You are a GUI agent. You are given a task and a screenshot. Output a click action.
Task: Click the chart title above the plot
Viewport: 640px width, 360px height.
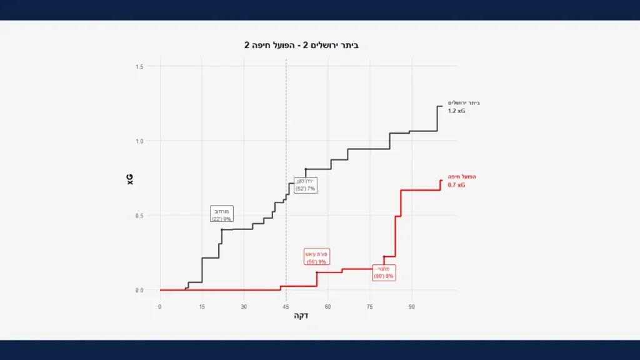[x=301, y=46]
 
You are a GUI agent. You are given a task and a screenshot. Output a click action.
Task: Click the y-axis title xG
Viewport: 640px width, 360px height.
[x=131, y=179]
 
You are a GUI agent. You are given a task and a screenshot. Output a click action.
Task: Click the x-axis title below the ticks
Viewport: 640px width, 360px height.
[x=301, y=316]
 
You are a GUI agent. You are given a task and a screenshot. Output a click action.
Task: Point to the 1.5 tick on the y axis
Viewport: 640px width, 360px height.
[x=139, y=67]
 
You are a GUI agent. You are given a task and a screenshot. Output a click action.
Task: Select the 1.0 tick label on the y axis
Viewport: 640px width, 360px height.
[x=139, y=141]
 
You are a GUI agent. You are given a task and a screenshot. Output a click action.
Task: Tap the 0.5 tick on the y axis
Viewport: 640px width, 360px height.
[x=139, y=216]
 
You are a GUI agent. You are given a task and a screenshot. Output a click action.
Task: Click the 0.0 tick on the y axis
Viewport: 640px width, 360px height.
[x=139, y=290]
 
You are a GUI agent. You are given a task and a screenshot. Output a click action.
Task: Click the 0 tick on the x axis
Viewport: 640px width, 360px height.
[x=160, y=306]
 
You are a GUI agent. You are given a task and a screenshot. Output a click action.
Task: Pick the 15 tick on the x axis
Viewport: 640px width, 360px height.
[x=202, y=306]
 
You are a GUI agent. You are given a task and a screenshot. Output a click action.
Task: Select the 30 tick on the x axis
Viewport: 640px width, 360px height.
[x=244, y=306]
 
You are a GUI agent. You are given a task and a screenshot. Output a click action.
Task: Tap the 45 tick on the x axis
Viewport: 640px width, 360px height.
[x=286, y=306]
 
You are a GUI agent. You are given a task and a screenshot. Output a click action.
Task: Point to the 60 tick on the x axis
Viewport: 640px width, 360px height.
[x=327, y=306]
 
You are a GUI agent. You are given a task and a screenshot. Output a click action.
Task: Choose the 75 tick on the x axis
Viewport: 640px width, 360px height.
[x=369, y=306]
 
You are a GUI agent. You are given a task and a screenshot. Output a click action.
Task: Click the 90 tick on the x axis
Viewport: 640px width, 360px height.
[x=411, y=306]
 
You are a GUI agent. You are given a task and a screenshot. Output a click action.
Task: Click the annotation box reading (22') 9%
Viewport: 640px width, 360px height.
[x=222, y=214]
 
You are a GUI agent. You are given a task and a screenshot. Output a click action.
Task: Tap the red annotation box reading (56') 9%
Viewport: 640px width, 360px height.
[x=317, y=257]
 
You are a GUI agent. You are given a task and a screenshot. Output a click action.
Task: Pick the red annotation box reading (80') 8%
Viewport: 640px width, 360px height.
[x=384, y=272]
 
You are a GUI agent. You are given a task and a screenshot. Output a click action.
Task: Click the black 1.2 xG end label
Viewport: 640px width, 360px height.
[x=457, y=111]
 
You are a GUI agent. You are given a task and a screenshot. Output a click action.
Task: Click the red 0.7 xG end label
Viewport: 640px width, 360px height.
[x=457, y=185]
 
